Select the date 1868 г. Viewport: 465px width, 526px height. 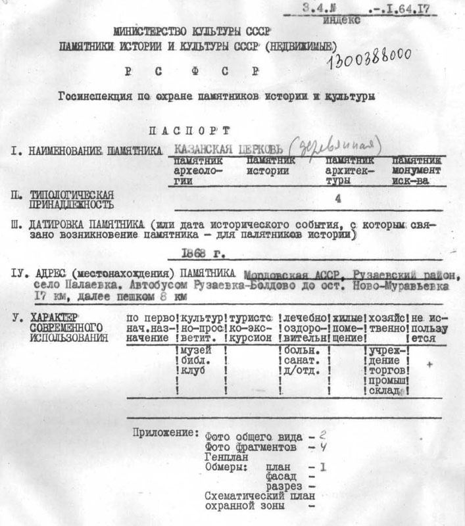(x=199, y=253)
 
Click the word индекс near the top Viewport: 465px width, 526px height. (x=342, y=20)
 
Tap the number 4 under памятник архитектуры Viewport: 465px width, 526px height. (x=338, y=197)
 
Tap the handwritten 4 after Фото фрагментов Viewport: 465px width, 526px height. (x=323, y=447)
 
